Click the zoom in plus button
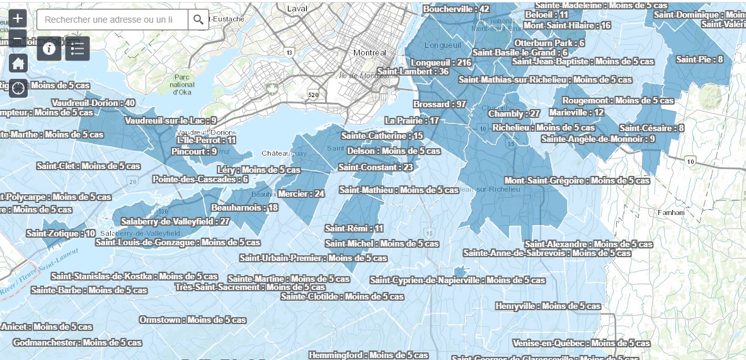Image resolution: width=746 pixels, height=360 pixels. [x=18, y=19]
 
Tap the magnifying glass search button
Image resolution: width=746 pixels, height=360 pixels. [x=198, y=20]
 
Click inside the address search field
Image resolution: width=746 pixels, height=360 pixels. [x=112, y=20]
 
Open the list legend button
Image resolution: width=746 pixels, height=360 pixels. [x=77, y=49]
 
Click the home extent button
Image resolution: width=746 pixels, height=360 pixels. [x=18, y=63]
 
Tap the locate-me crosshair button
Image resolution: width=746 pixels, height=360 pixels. [x=18, y=88]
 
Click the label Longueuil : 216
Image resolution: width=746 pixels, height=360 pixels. [x=441, y=62]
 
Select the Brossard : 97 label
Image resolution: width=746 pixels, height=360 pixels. [x=440, y=104]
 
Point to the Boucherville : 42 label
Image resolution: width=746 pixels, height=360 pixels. [x=456, y=9]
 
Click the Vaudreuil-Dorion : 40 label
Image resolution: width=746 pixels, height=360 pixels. [x=94, y=103]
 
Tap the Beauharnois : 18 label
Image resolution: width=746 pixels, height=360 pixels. [x=244, y=207]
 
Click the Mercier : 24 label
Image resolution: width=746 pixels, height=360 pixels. [x=301, y=194]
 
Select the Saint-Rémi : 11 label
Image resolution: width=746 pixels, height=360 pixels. [x=353, y=228]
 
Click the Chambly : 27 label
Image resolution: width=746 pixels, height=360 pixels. [x=514, y=113]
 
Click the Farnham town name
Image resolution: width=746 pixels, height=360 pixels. [x=670, y=212]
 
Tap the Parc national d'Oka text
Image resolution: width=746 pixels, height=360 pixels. [x=183, y=84]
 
